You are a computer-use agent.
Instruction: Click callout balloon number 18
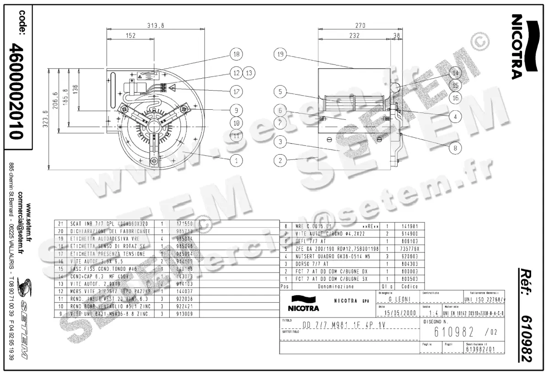click(236, 54)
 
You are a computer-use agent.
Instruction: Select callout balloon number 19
click(280, 54)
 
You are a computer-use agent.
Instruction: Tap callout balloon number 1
click(236, 160)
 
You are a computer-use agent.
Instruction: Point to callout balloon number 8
click(455, 148)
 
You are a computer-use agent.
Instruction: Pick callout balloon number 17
click(236, 91)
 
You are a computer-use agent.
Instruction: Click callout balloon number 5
click(280, 91)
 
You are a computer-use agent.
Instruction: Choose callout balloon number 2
click(280, 160)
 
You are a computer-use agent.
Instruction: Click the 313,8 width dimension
click(155, 26)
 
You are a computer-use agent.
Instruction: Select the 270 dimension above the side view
click(361, 26)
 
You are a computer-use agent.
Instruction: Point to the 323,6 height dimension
click(44, 120)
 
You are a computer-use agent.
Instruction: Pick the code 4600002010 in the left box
click(17, 91)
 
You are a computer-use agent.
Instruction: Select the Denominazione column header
click(336, 287)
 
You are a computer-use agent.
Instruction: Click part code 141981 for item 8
click(410, 226)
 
